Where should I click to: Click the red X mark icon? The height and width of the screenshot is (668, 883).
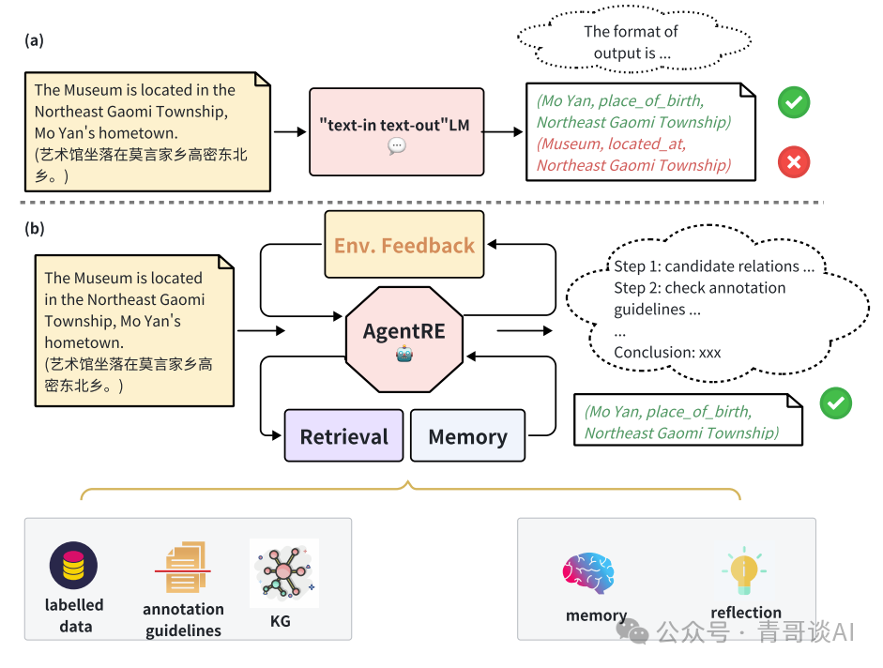click(794, 162)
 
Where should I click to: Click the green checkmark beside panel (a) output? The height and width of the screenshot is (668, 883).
click(794, 102)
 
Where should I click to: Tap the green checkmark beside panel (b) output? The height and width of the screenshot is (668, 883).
click(836, 403)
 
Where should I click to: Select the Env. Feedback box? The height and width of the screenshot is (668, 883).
click(404, 245)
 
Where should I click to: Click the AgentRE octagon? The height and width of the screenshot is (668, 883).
click(404, 339)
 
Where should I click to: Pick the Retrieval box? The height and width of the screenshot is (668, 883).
click(344, 435)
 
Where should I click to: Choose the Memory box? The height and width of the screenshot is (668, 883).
click(468, 435)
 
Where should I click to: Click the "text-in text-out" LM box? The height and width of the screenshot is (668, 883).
click(396, 131)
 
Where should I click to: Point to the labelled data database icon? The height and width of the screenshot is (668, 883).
click(73, 566)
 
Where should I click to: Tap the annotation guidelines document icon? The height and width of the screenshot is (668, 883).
click(184, 568)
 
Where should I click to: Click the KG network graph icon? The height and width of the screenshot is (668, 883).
click(284, 573)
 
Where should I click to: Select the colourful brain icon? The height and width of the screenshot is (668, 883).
click(588, 573)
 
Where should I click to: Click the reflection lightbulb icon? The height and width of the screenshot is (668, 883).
click(744, 570)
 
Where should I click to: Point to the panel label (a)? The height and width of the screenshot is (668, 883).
click(35, 40)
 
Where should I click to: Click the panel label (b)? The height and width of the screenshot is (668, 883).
click(35, 229)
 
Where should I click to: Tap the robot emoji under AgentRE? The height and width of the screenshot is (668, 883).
click(404, 355)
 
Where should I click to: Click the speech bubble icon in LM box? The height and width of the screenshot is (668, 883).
click(397, 145)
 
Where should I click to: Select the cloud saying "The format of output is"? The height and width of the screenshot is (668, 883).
click(633, 39)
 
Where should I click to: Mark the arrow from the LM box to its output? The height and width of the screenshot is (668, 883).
click(503, 131)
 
